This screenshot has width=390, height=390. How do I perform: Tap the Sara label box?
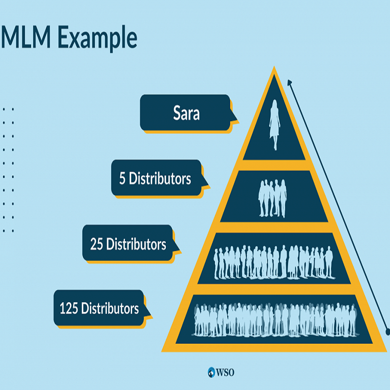coord(185,114)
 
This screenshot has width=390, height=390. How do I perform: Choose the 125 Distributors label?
coord(99,308)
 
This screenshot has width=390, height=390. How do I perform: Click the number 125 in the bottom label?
coord(69,308)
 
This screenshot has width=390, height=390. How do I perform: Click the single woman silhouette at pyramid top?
coord(274,125)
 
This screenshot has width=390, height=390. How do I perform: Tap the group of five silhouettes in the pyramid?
coord(273,198)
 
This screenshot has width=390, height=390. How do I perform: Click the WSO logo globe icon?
coord(211,372)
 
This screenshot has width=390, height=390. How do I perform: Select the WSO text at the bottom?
coord(226,372)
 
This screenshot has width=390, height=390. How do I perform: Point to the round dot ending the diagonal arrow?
coord(388,332)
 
